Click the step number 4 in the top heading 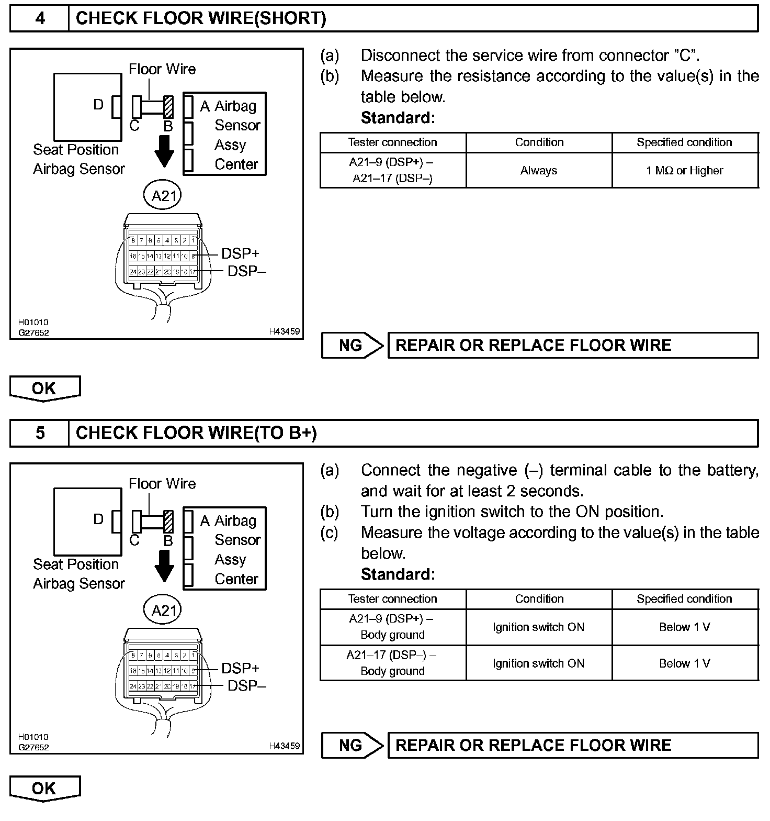click(40, 18)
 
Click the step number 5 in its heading click(40, 433)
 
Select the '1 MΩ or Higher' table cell click(685, 170)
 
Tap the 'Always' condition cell click(539, 170)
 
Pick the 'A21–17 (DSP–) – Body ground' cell click(392, 663)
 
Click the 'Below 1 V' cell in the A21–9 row click(685, 627)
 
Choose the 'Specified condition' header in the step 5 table click(685, 598)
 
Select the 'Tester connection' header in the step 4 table click(392, 142)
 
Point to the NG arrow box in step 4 click(353, 345)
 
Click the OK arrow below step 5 click(44, 789)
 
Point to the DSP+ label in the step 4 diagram click(240, 253)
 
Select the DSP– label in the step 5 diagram click(247, 685)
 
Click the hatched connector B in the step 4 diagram click(168, 107)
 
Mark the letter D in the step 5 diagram click(98, 519)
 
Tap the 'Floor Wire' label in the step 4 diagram click(162, 69)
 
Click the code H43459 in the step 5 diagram click(285, 746)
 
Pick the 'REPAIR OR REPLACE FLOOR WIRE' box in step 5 click(573, 745)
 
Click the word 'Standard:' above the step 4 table click(398, 118)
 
